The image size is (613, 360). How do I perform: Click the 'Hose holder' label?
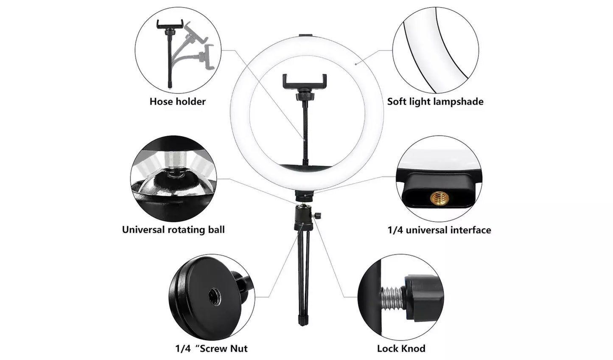tap(177, 101)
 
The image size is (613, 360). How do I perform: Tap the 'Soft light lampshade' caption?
tap(435, 101)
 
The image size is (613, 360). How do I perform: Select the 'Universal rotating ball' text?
tap(173, 230)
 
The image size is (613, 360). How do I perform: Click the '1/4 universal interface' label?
tap(439, 230)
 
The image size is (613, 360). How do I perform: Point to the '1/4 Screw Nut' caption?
tap(211, 349)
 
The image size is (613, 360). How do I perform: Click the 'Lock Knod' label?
tap(401, 349)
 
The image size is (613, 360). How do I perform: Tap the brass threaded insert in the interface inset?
tap(439, 198)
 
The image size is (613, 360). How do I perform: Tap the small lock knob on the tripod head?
tap(316, 216)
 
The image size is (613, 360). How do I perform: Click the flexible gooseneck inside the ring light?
tap(305, 127)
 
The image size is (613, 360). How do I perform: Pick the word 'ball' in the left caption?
tap(216, 230)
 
